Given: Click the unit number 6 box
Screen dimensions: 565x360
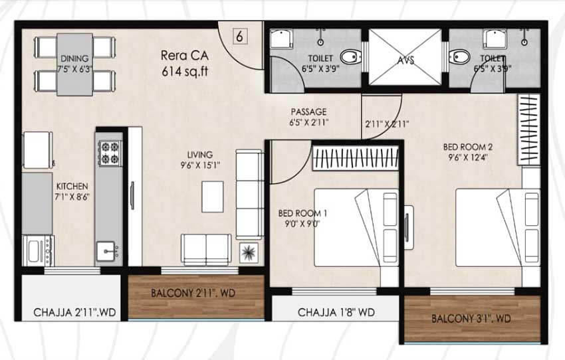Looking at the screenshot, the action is (240, 37).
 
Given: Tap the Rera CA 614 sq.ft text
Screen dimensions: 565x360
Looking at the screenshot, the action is (185, 64).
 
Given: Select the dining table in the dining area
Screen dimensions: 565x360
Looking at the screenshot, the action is (74, 65).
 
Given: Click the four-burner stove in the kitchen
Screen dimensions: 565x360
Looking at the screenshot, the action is (110, 153).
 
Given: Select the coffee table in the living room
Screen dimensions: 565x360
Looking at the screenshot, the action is (213, 197).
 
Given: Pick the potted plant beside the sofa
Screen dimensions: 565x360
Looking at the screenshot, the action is (249, 252).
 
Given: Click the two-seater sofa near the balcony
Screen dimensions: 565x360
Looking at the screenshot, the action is (206, 250).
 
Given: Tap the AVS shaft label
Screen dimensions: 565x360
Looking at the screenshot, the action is (405, 60).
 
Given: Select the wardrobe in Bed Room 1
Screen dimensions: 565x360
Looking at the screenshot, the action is (356, 157).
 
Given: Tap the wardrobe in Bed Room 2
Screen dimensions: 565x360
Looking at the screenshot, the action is (528, 130).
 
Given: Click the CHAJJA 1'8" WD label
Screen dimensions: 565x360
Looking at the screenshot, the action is (336, 312).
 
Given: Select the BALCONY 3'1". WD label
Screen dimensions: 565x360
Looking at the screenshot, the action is (471, 319).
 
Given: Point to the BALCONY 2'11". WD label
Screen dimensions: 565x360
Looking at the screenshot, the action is (193, 293).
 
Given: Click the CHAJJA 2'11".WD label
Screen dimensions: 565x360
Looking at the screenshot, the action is (74, 312).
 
